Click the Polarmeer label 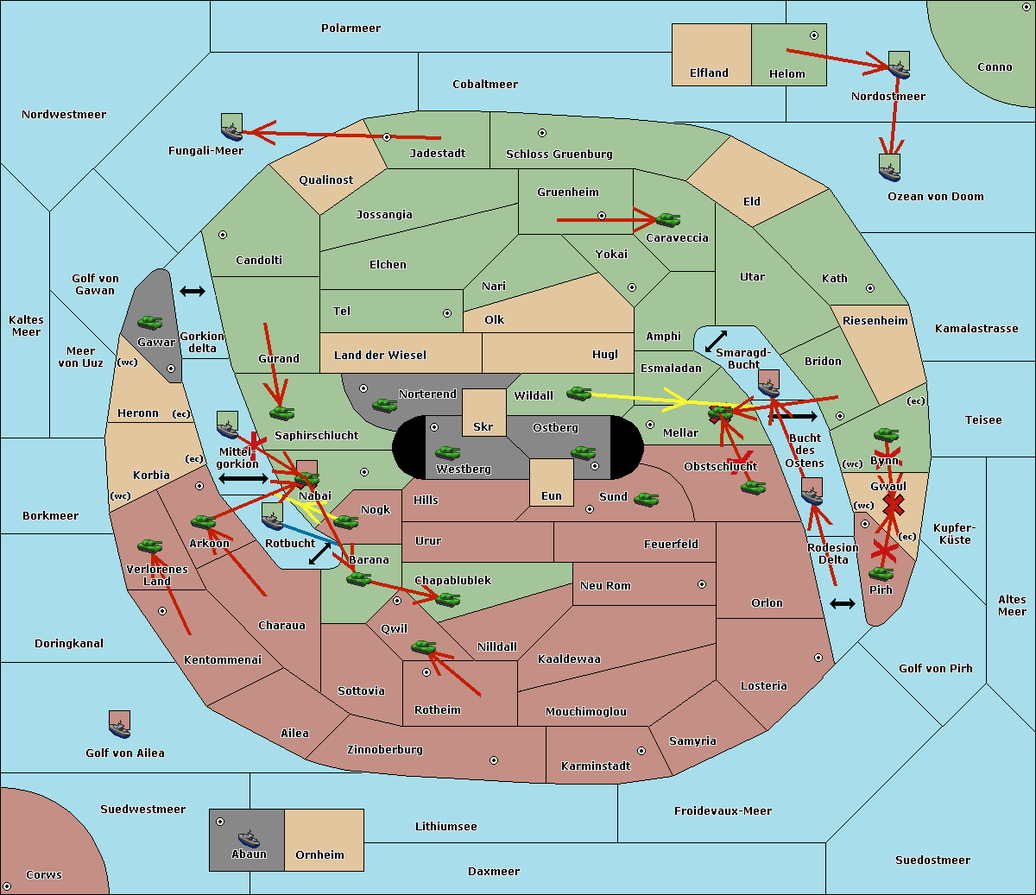[x=351, y=28]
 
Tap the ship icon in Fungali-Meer [x=231, y=127]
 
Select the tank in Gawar [x=150, y=322]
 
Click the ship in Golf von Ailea [x=120, y=724]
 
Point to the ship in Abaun [x=249, y=838]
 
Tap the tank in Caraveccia [x=668, y=219]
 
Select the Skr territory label [x=483, y=426]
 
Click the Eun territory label [x=552, y=495]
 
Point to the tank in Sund [x=646, y=499]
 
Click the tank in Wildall [x=579, y=394]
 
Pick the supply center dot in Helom [x=814, y=35]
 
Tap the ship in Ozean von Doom [x=889, y=167]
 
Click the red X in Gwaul [x=894, y=505]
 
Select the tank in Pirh [x=881, y=573]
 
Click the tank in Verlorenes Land [x=150, y=545]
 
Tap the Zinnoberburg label [x=385, y=749]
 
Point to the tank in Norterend [x=384, y=405]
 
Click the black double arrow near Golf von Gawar [x=193, y=291]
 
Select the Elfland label [x=709, y=72]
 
